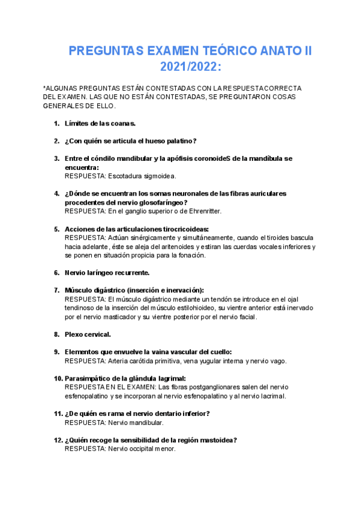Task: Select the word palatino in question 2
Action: [x=178, y=141]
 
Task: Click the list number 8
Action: [x=56, y=334]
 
